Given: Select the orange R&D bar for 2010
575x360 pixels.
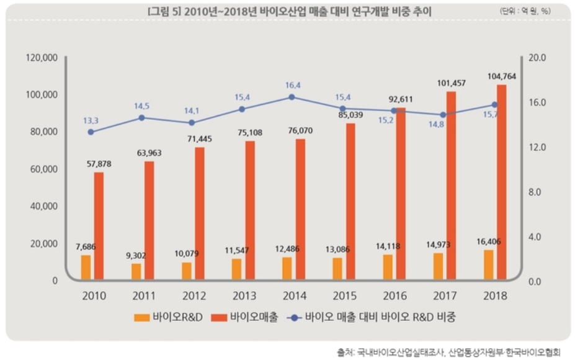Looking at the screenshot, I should tap(86, 268).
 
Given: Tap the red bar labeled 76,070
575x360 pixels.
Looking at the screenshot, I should tap(300, 209).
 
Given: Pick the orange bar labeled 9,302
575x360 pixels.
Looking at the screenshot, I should tap(136, 272).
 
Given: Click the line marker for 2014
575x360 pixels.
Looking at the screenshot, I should tap(292, 97).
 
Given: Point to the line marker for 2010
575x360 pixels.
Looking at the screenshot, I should tap(91, 132).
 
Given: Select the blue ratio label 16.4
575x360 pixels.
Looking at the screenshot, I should tap(292, 85).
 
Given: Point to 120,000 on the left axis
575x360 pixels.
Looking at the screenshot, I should tap(43, 58).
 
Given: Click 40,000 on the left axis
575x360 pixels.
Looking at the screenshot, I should tap(43, 206).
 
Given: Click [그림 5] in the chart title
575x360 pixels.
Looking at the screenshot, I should tap(166, 12).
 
